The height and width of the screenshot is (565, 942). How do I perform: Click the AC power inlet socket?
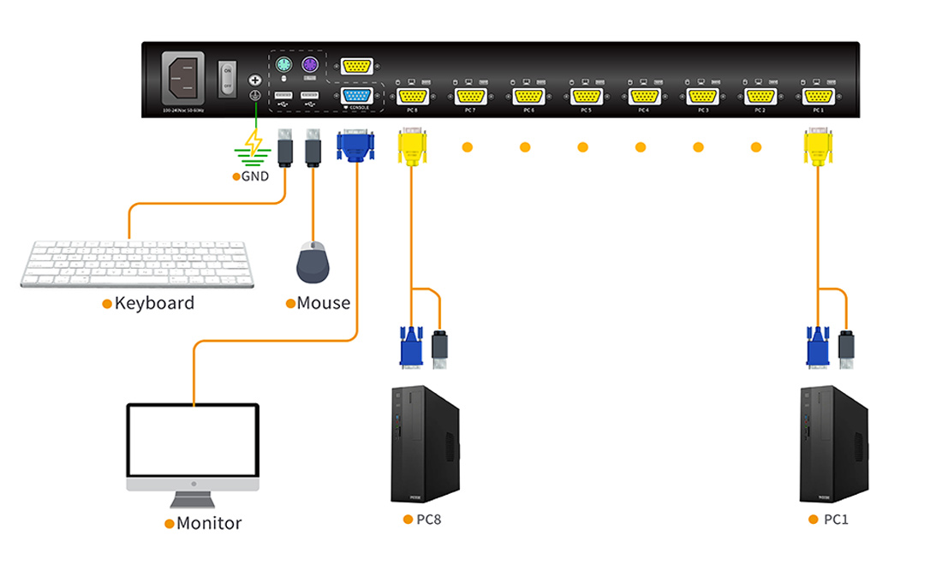tap(183, 78)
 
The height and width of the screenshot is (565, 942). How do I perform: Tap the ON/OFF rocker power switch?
tap(227, 77)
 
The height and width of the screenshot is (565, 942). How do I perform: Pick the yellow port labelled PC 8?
tap(412, 96)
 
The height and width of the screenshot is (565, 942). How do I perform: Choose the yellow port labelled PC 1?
tap(817, 96)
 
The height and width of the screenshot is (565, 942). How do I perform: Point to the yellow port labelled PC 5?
tap(586, 96)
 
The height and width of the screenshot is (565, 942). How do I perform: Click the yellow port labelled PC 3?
tap(701, 96)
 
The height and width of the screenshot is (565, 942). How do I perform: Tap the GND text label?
tap(255, 176)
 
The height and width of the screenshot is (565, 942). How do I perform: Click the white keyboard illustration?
tap(134, 264)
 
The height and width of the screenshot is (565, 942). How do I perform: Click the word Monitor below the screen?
tap(209, 523)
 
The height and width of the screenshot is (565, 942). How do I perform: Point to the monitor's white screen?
tap(193, 441)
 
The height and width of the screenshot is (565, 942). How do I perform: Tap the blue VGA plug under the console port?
tap(355, 146)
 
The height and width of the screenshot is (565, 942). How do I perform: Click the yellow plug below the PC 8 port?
tap(412, 147)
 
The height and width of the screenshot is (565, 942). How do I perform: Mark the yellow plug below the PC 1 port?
tap(818, 147)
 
